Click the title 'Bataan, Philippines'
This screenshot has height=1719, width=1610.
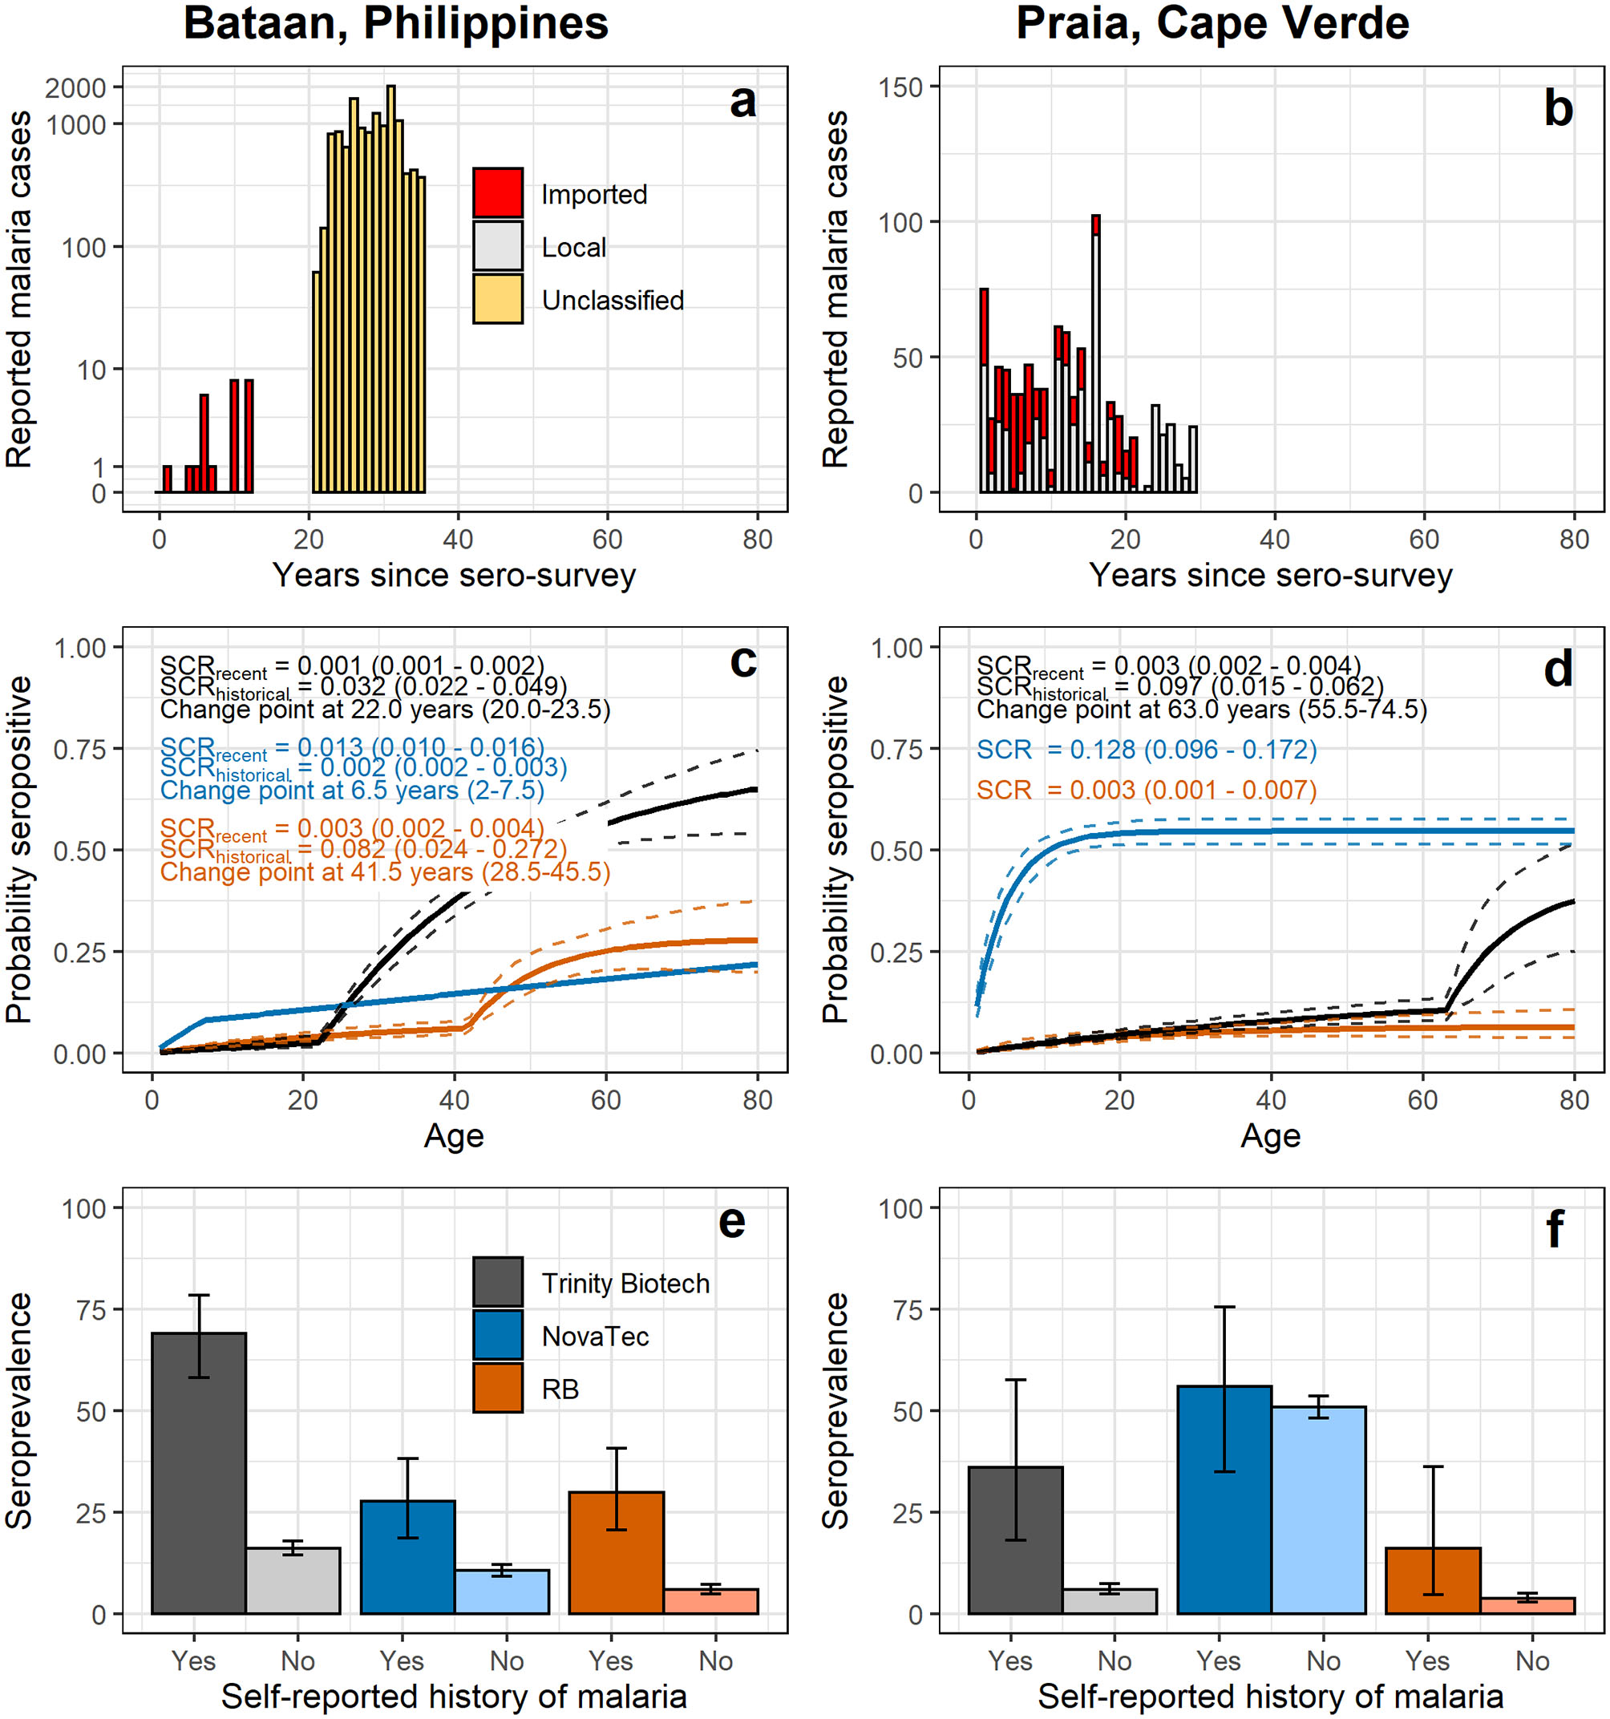[x=395, y=23]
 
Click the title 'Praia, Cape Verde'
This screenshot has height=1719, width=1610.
[x=1212, y=23]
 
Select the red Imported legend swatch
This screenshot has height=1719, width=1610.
[x=497, y=192]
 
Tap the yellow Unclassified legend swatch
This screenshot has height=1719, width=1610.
[x=497, y=299]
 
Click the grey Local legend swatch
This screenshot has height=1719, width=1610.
[x=497, y=246]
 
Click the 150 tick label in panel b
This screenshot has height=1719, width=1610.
[x=900, y=87]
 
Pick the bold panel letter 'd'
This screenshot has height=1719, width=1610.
[x=1558, y=669]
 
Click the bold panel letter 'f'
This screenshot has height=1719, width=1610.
[x=1555, y=1229]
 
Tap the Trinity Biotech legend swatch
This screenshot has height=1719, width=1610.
[x=497, y=1282]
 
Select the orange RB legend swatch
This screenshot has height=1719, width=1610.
[x=497, y=1389]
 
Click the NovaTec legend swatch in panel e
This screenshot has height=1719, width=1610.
[x=497, y=1336]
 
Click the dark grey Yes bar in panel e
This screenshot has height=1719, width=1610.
[x=198, y=1474]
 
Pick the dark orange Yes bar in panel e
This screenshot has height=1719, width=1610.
[x=616, y=1553]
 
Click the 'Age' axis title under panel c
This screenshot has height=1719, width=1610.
[x=454, y=1135]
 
